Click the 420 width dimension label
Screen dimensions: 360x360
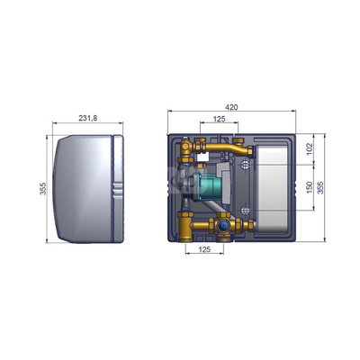pyautogui.click(x=231, y=107)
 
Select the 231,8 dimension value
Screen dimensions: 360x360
pyautogui.click(x=88, y=118)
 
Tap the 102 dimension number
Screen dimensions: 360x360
pyautogui.click(x=310, y=149)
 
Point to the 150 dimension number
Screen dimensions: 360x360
pyautogui.click(x=310, y=187)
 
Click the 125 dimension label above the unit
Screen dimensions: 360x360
pyautogui.click(x=219, y=119)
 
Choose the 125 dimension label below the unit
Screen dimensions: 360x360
pyautogui.click(x=204, y=249)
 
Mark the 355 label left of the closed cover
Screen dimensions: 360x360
pyautogui.click(x=43, y=189)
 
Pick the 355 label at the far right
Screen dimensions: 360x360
pyautogui.click(x=320, y=188)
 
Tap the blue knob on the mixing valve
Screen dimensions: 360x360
pyautogui.click(x=223, y=226)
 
